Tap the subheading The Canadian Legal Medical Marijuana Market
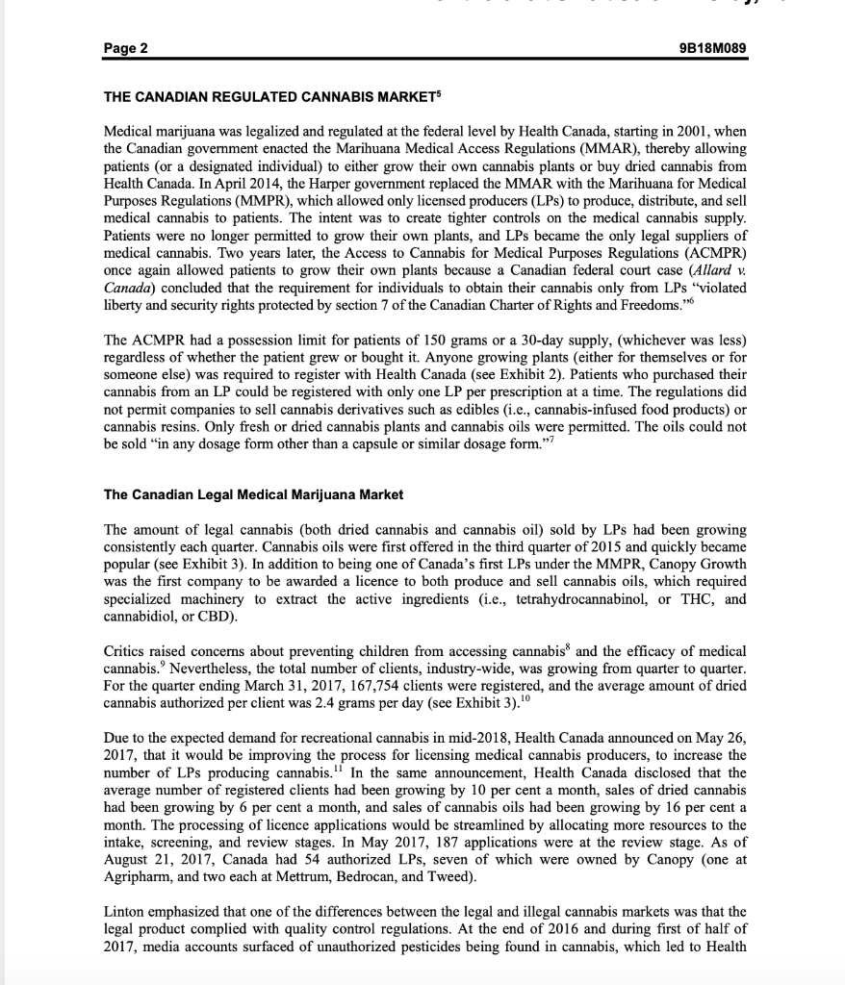click(x=253, y=494)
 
